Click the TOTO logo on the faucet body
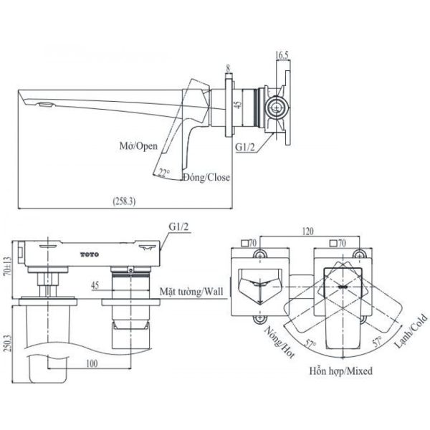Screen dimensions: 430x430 pos(90,254)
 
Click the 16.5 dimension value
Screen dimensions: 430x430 pos(282,55)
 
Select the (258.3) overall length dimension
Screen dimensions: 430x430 pos(124,201)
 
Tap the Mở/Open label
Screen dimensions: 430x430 pos(138,146)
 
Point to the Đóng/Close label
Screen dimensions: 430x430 pos(206,177)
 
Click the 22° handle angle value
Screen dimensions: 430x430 pos(164,173)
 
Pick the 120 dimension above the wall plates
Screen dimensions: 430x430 pos(307,231)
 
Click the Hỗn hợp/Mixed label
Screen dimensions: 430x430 pos(341,371)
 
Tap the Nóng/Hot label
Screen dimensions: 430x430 pos(279,342)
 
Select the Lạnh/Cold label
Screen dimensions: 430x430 pos(411,331)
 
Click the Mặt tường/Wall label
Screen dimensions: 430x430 pos(191,291)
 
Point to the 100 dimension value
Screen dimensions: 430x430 pos(92,363)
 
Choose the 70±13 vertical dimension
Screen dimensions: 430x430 pos(8,266)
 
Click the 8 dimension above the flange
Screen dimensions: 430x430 pos(228,69)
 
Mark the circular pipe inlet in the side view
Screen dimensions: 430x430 pos(277,107)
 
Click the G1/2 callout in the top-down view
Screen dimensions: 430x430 pos(178,227)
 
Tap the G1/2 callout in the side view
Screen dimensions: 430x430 pos(245,147)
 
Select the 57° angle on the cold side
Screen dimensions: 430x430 pos(377,341)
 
